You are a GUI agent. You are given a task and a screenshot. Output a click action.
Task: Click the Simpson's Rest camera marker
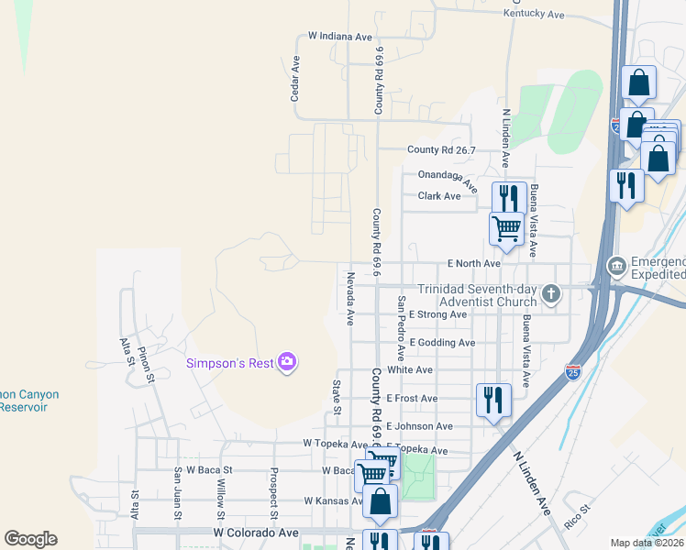coord(287,363)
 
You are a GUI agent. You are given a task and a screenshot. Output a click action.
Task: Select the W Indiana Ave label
coord(340,37)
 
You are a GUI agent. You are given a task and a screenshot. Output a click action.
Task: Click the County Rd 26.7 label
coord(441,150)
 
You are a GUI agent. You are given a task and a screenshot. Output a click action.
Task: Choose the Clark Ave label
coord(439,196)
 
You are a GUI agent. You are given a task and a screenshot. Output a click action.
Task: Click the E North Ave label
coord(473,264)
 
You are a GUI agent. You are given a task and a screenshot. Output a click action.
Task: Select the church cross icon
coord(550,293)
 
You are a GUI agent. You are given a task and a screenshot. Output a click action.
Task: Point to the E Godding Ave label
coord(442,343)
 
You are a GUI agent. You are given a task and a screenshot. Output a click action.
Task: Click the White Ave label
coord(409,370)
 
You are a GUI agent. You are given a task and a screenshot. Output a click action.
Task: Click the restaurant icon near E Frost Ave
coord(493,400)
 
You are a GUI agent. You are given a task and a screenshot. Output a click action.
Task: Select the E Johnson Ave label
coord(419,426)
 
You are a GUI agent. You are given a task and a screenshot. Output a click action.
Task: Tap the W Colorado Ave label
coord(256,532)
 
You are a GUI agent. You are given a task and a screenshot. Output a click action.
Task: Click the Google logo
coord(30,539)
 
